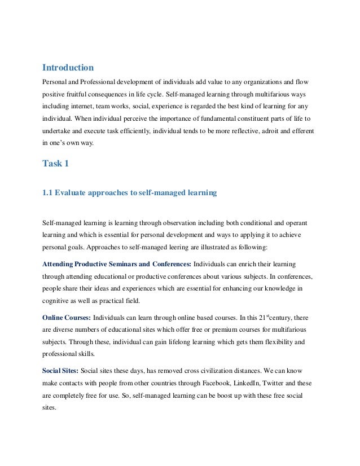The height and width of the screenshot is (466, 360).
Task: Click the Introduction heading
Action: pos(68,68)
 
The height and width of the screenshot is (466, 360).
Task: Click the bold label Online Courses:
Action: pos(67,318)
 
